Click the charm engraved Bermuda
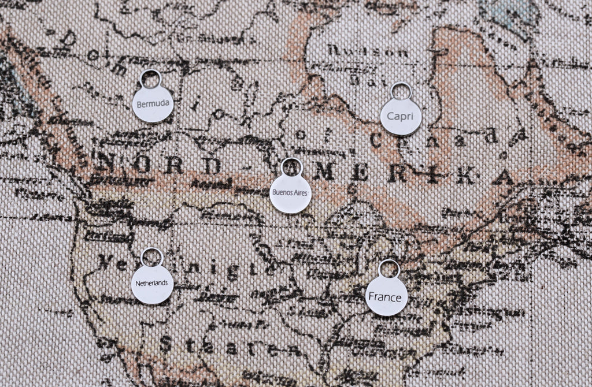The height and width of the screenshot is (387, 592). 153,104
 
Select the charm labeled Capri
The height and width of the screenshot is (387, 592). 401,117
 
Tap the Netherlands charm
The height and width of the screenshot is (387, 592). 152,284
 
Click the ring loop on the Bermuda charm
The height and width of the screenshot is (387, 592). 151,79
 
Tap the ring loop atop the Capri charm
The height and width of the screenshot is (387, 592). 401,91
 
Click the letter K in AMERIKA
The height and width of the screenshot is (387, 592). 465,176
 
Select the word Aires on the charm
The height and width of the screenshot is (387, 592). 302,193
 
